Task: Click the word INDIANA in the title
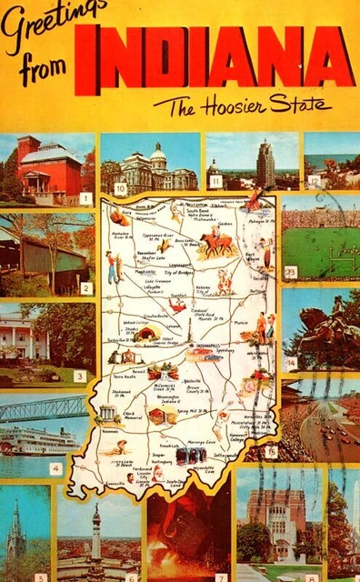(x=215, y=59)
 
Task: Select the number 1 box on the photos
(x=85, y=197)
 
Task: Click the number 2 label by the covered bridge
(x=85, y=288)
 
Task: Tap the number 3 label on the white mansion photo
(x=79, y=375)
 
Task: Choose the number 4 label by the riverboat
(x=55, y=468)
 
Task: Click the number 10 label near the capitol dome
(x=121, y=188)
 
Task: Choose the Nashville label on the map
(x=193, y=382)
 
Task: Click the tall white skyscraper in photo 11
(x=265, y=164)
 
